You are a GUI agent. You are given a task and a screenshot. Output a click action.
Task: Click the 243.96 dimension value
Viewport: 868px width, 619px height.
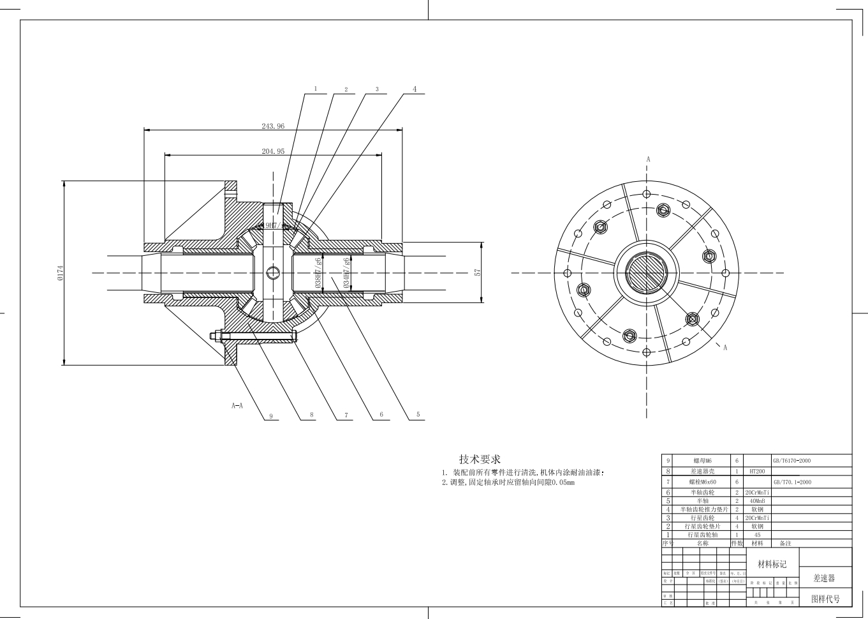[x=273, y=126]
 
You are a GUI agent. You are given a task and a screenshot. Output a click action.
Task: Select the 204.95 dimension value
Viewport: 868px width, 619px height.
[x=273, y=151]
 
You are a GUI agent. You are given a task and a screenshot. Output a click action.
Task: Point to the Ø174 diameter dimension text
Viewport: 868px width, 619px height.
[x=61, y=272]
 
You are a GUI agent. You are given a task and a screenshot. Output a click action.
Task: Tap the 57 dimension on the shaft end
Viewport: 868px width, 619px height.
[x=477, y=272]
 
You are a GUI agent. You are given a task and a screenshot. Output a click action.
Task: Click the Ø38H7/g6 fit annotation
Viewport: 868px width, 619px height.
[x=318, y=273]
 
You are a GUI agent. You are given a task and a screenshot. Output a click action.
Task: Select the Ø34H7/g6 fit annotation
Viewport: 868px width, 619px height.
[x=346, y=273]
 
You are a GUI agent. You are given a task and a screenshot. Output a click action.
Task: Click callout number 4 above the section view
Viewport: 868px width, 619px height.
[x=415, y=89]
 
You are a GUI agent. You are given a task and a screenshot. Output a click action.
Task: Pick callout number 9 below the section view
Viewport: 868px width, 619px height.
[x=271, y=416]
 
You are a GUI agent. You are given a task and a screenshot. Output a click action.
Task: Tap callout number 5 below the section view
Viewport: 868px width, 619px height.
[x=418, y=414]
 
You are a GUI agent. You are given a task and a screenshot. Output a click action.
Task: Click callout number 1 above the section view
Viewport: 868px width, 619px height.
[x=315, y=89]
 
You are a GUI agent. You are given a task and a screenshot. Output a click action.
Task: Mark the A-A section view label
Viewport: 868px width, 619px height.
[x=237, y=405]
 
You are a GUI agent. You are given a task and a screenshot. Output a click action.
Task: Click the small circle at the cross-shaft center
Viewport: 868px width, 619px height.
[x=273, y=272]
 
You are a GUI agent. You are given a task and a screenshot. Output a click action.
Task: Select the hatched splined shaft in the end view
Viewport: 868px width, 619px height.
[x=646, y=272]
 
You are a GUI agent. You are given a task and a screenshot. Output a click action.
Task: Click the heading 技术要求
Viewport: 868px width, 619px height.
[x=480, y=459]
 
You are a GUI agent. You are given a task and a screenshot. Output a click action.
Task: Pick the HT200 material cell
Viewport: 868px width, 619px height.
[x=757, y=471]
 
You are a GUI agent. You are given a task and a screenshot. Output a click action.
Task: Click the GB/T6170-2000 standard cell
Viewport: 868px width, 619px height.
[x=792, y=460]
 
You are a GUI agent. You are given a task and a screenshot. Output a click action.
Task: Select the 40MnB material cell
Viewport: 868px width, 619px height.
[x=757, y=501]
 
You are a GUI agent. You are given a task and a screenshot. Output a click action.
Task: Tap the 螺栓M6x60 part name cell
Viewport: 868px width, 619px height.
[x=702, y=482]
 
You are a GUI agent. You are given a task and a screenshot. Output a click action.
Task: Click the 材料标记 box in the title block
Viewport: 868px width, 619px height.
[x=772, y=564]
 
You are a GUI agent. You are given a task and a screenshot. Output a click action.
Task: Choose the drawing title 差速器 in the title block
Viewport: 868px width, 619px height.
[x=823, y=578]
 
